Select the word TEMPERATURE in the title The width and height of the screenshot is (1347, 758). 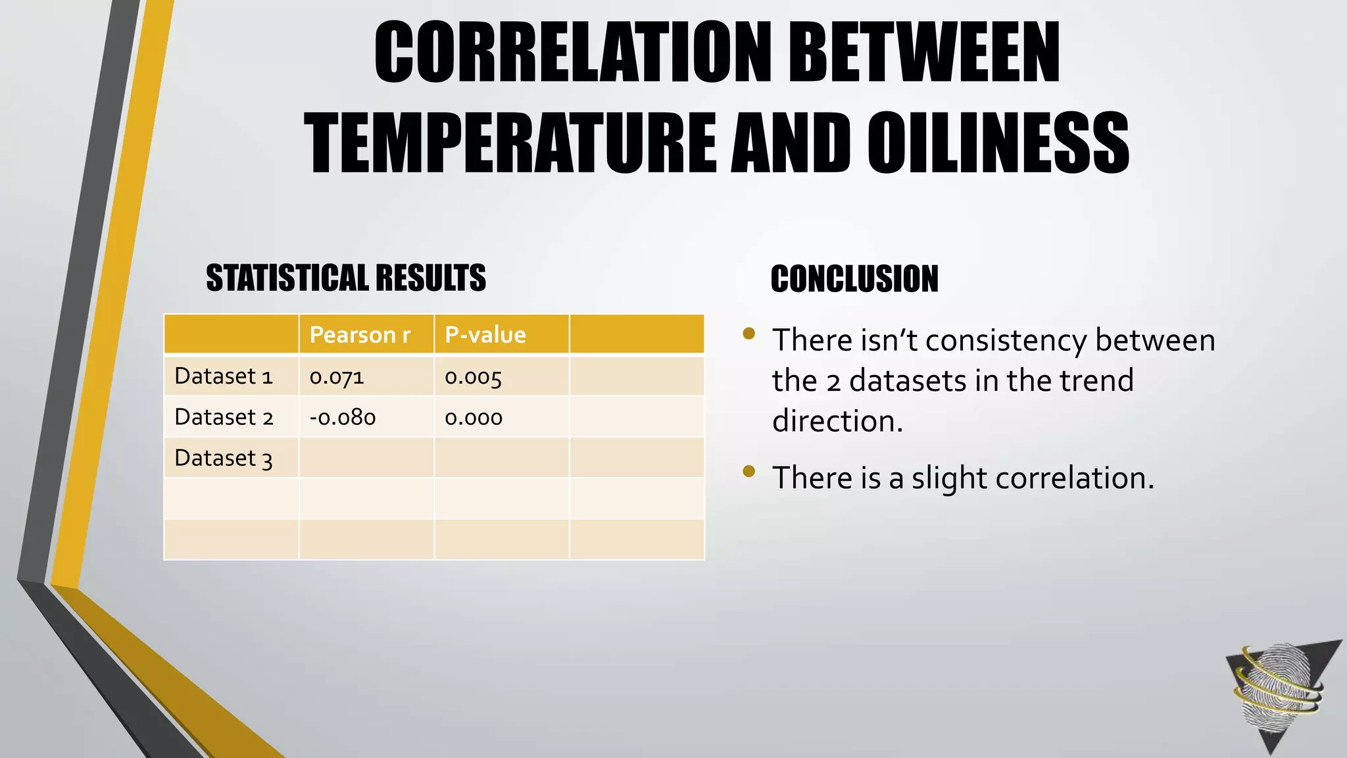pos(510,143)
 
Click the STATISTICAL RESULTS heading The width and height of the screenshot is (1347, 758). pos(346,278)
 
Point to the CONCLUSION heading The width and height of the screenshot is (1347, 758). pos(854,279)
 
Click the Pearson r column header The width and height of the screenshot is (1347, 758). pos(360,335)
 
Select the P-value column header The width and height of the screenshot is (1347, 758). pos(485,335)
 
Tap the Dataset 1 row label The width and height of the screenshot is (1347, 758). pos(223,376)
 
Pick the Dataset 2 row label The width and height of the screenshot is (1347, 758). pos(224,417)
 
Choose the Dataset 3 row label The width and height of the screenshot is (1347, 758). pos(223,458)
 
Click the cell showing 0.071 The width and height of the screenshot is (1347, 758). pos(337,377)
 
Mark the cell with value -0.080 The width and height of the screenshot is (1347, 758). pos(343,418)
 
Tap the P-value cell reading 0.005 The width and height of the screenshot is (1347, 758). pos(474,377)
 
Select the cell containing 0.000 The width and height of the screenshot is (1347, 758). pos(474,418)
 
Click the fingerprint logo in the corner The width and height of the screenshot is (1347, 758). pos(1279,691)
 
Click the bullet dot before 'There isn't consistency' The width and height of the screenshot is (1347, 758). pos(748,334)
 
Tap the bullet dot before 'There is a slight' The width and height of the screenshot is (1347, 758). pos(748,471)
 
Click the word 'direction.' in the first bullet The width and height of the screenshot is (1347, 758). pos(837,421)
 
